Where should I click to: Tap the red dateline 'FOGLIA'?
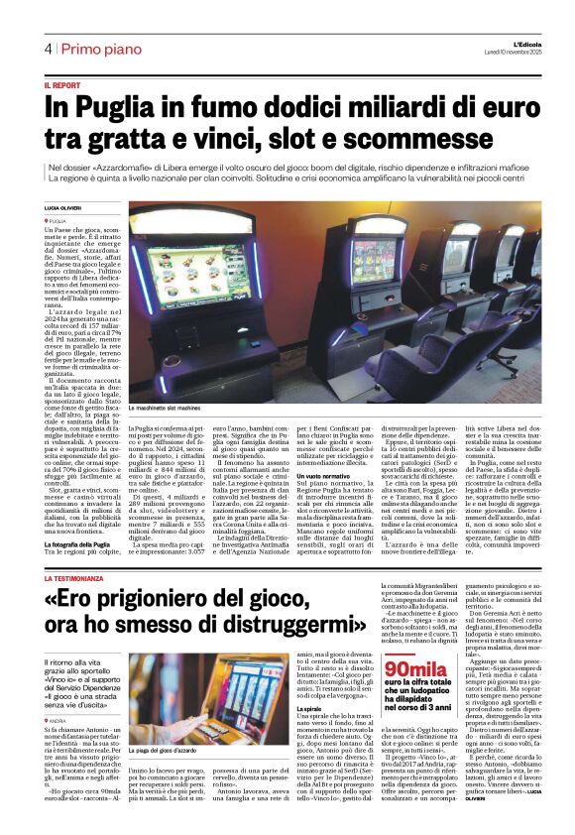coord(57,220)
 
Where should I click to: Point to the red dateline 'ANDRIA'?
coord(57,721)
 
